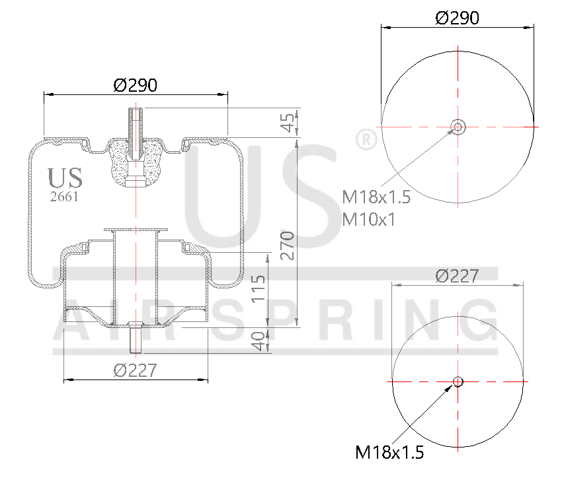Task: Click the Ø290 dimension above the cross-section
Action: (x=135, y=85)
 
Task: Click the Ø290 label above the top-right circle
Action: (x=457, y=18)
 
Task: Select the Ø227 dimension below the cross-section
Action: (x=135, y=371)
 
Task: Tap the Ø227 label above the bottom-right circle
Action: (x=457, y=276)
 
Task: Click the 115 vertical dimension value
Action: (x=260, y=288)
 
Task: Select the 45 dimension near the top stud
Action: (x=287, y=123)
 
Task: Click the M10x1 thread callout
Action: (x=368, y=219)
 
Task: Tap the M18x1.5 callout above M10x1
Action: (x=376, y=197)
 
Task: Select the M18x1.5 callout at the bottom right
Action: (x=389, y=452)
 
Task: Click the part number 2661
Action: (x=64, y=196)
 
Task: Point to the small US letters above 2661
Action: (x=65, y=178)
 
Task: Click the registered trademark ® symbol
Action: (x=366, y=139)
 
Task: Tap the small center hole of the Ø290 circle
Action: (x=458, y=126)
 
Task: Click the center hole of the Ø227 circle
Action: (x=458, y=381)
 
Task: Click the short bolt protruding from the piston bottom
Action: (x=136, y=337)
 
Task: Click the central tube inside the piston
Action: (x=136, y=277)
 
